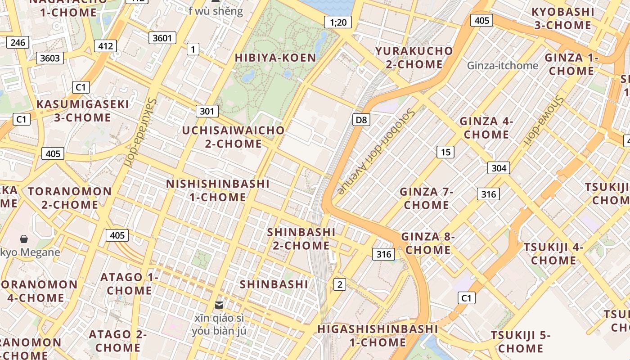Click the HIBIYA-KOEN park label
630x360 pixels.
pos(275,58)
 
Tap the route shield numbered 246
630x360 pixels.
pos(18,43)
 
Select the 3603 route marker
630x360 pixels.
pos(50,58)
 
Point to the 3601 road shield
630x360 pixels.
pos(162,38)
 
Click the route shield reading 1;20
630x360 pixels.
pos(338,22)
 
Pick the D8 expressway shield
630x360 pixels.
pos(361,120)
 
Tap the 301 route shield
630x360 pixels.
pos(207,111)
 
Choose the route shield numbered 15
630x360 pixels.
pos(445,152)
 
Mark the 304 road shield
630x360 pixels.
pos(499,168)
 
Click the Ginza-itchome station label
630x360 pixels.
pos(502,66)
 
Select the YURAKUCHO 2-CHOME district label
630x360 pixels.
pos(414,58)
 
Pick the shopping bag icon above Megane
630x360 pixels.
pos(24,239)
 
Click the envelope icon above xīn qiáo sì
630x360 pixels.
pos(219,305)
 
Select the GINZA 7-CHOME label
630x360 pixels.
pos(426,198)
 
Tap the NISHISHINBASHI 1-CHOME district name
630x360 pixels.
pos(218,190)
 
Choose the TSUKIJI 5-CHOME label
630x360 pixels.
pos(521,342)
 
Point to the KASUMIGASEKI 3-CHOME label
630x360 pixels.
pos(82,111)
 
